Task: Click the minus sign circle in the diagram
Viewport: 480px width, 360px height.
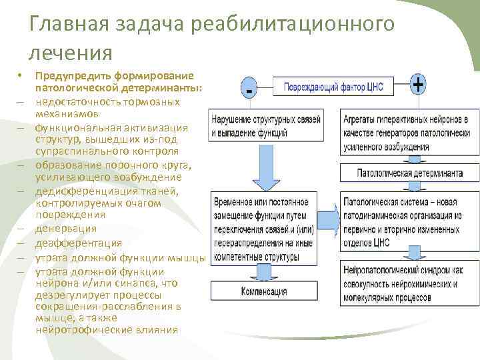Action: [249, 88]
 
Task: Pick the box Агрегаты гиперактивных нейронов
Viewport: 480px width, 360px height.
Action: [409, 132]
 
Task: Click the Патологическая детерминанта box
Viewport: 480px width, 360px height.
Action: [409, 173]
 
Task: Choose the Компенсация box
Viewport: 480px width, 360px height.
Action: [265, 291]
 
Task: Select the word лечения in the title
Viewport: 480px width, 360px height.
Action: [71, 51]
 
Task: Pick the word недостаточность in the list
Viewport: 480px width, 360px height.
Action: [75, 102]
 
